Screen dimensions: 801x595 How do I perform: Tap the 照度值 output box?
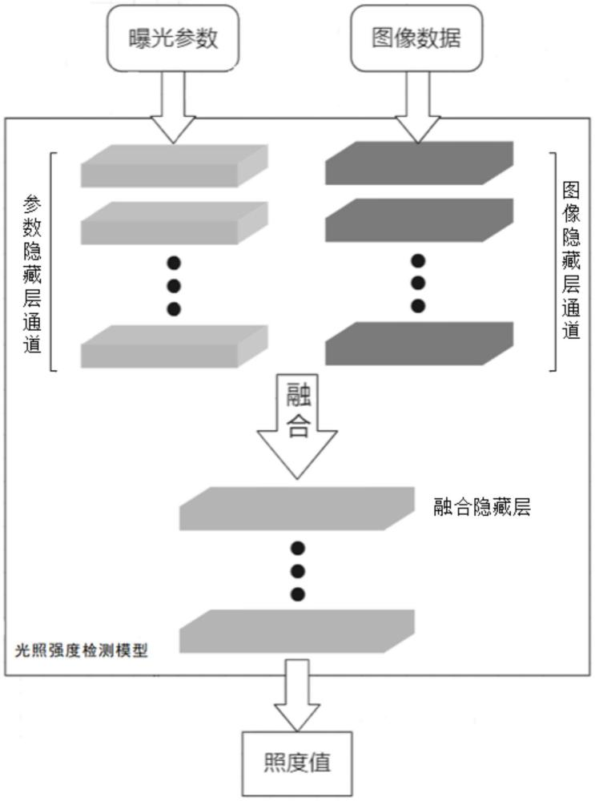(296, 762)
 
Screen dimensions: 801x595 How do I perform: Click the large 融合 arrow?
(298, 425)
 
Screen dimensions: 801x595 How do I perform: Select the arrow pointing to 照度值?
(296, 694)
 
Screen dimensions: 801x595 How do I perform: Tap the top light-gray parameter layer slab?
(174, 165)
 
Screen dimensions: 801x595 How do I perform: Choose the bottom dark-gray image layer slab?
(419, 343)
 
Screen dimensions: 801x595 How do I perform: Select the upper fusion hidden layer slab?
(297, 509)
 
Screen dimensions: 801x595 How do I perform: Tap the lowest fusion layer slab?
(297, 631)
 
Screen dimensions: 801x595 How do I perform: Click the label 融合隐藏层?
(482, 508)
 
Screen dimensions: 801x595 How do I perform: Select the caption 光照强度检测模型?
(82, 651)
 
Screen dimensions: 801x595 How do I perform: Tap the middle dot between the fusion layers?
(298, 571)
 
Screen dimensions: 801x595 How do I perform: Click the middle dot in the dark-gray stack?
(417, 283)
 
